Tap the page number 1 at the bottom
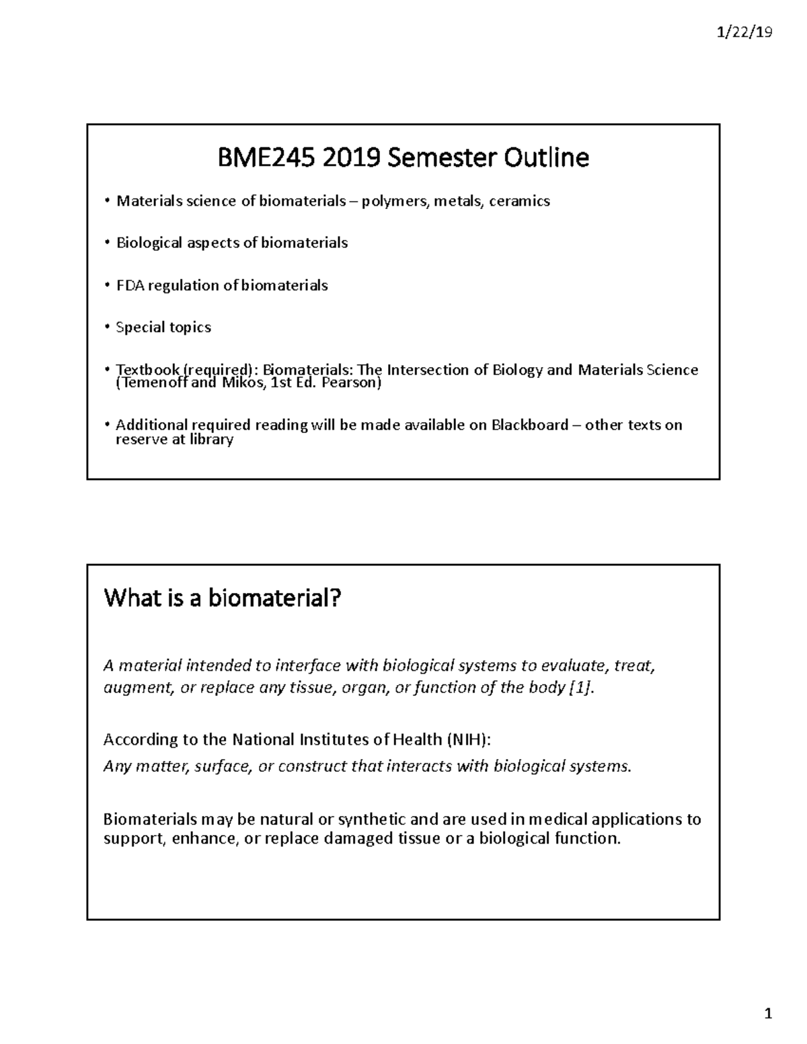767,1014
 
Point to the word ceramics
519,201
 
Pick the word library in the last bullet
210,440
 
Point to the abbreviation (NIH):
469,739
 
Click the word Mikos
243,383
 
